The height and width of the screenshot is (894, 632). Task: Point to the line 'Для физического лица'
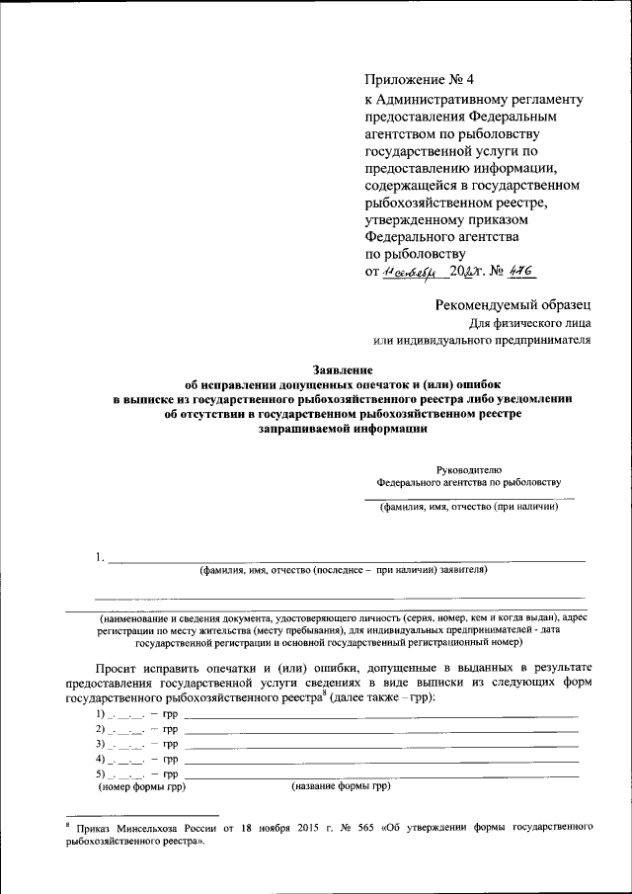point(529,322)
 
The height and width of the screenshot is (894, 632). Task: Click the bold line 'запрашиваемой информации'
point(344,430)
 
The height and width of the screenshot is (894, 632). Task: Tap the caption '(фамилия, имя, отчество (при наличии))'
point(469,508)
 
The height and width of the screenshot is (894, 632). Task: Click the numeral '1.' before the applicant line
point(101,557)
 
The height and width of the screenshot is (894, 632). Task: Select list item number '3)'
point(101,743)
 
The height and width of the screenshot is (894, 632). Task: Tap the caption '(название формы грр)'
point(341,787)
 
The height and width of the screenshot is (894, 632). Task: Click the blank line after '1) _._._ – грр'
point(381,712)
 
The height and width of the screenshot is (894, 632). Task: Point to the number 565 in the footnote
point(386,825)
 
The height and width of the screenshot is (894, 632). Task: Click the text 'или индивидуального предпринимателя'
point(482,341)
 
